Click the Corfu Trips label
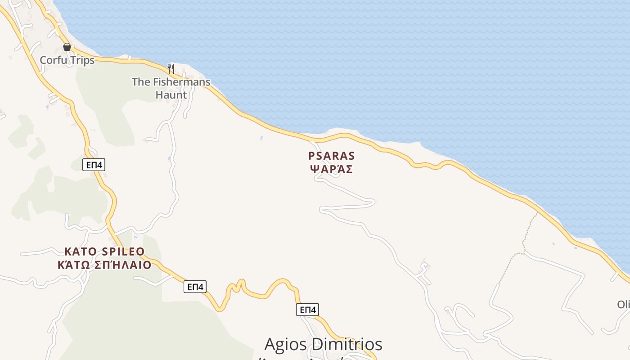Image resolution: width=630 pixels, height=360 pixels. click(67, 60)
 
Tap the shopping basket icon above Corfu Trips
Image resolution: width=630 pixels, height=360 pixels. click(67, 47)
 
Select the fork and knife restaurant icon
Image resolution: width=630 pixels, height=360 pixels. click(171, 68)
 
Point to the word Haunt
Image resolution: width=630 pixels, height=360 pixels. click(171, 94)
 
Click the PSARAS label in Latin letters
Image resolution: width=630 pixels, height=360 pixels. click(332, 156)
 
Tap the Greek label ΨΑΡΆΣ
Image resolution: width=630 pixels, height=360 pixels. click(332, 169)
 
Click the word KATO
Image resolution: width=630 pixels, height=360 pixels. click(79, 251)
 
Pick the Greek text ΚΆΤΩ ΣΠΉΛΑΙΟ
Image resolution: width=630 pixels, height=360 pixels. click(104, 265)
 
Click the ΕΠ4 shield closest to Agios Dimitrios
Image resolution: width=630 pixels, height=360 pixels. click(308, 310)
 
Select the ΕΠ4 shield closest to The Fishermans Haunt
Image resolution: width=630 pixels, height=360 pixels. click(94, 165)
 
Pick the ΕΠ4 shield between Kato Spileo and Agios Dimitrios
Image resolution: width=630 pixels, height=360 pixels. click(195, 287)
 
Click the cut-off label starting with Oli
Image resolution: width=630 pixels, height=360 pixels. click(623, 305)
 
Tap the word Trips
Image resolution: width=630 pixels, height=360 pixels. click(82, 60)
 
